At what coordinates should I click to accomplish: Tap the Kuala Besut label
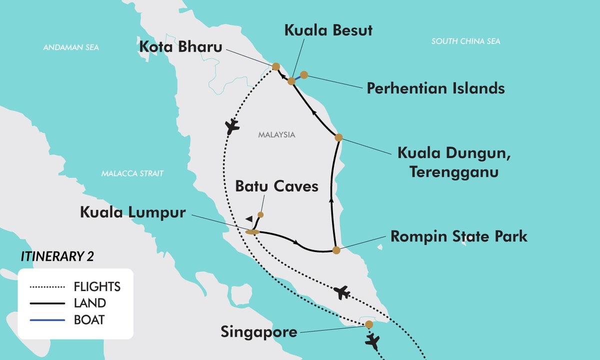[328, 30]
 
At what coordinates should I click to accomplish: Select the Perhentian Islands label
[435, 88]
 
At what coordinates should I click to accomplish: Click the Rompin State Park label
[458, 236]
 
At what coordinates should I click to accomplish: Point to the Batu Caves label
[276, 186]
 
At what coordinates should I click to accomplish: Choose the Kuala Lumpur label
[132, 212]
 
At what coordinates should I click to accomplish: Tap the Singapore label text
[258, 331]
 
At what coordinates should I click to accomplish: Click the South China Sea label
[465, 41]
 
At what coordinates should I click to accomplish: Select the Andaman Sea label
[71, 47]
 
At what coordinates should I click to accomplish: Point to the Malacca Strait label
[132, 173]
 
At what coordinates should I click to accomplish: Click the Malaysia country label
[276, 134]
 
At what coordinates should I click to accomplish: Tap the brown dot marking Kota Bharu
[275, 66]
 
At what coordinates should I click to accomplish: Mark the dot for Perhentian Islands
[303, 75]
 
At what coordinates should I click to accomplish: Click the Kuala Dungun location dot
[338, 137]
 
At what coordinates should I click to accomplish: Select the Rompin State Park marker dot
[336, 250]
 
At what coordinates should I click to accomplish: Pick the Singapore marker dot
[369, 324]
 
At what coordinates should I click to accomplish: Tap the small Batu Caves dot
[260, 214]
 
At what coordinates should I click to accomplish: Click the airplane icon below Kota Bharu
[232, 126]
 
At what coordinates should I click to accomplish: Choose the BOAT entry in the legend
[89, 319]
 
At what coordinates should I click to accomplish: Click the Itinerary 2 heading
[57, 256]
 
